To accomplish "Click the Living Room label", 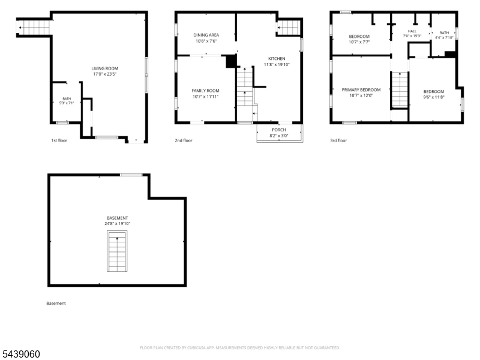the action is pos(104,68).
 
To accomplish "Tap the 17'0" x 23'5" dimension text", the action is pos(104,74).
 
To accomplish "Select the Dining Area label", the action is pos(206,35).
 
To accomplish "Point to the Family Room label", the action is pos(205,91).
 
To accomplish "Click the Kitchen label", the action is pos(277,58).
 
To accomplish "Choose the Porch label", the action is pos(279,130).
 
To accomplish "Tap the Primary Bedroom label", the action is pos(361,89).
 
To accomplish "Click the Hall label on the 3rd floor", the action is pos(412,31).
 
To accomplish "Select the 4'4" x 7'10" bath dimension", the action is pos(444,38).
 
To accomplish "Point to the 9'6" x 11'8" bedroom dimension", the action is pos(434,97).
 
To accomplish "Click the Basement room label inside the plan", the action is pos(117,218).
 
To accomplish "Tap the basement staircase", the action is pos(117,251).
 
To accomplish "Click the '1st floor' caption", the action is pos(59,140).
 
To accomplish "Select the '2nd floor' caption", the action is pos(184,140).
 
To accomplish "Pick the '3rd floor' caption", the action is pos(338,140).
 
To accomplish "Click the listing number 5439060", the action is pos(20,354).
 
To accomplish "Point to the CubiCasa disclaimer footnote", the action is pos(239,348).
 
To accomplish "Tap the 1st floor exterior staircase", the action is pos(34,28).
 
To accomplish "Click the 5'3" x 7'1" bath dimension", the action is pos(67,103).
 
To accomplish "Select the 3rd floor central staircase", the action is pos(400,89).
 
